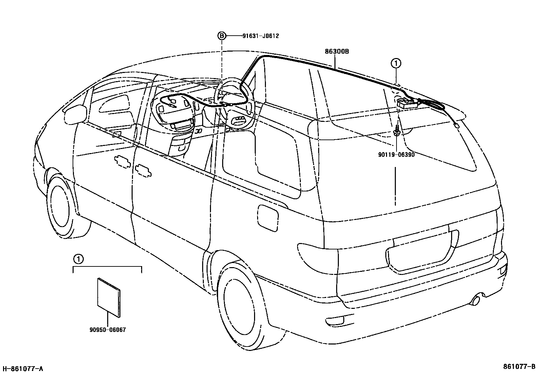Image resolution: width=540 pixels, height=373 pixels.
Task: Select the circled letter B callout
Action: (x=221, y=36)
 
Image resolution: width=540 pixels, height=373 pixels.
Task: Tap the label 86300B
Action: (x=337, y=52)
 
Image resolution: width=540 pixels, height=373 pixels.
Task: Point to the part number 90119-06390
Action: (x=396, y=154)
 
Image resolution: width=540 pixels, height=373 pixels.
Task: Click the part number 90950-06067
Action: (x=108, y=330)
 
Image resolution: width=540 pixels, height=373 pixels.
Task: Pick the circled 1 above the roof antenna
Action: (x=396, y=63)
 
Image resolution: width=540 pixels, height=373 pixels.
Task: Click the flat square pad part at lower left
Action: (x=109, y=298)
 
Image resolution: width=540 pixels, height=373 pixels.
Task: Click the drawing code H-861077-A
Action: (x=23, y=369)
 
